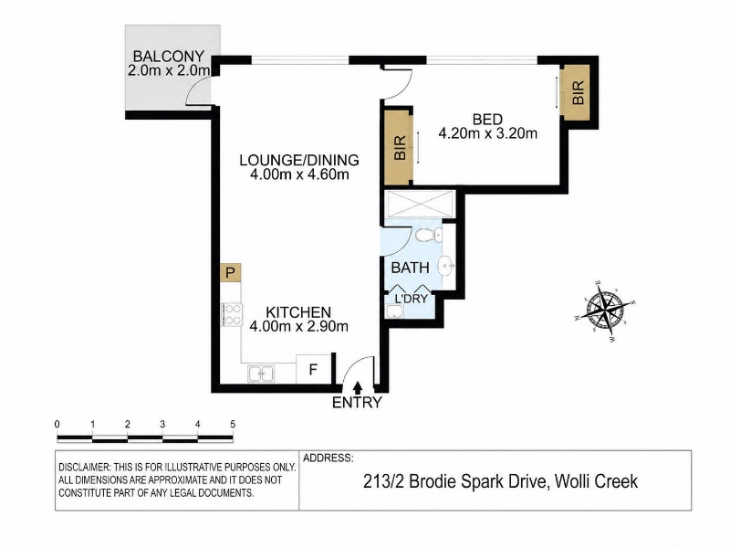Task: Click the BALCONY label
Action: point(169,57)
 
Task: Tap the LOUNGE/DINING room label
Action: point(299,161)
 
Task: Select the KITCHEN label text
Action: point(298,311)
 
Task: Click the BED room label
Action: point(487,120)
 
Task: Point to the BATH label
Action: point(410,268)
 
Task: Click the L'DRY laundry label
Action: point(411,299)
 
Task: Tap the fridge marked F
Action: point(313,369)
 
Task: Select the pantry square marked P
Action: point(231,272)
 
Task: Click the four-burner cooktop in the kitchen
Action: point(232,314)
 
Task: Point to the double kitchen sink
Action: point(261,374)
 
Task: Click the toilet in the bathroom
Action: point(428,236)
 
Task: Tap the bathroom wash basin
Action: point(447,266)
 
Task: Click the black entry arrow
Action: point(358,387)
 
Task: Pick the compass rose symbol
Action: point(605,310)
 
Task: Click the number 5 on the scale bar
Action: point(233,424)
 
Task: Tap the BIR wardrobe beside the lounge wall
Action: point(399,148)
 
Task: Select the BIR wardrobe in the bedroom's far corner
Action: point(577,92)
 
